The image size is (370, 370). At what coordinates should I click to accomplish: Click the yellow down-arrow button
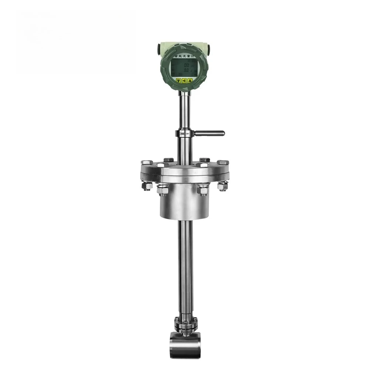(179, 80)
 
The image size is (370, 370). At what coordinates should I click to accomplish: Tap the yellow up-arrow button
(190, 80)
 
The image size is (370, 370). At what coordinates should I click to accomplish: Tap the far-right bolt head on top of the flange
(223, 162)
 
